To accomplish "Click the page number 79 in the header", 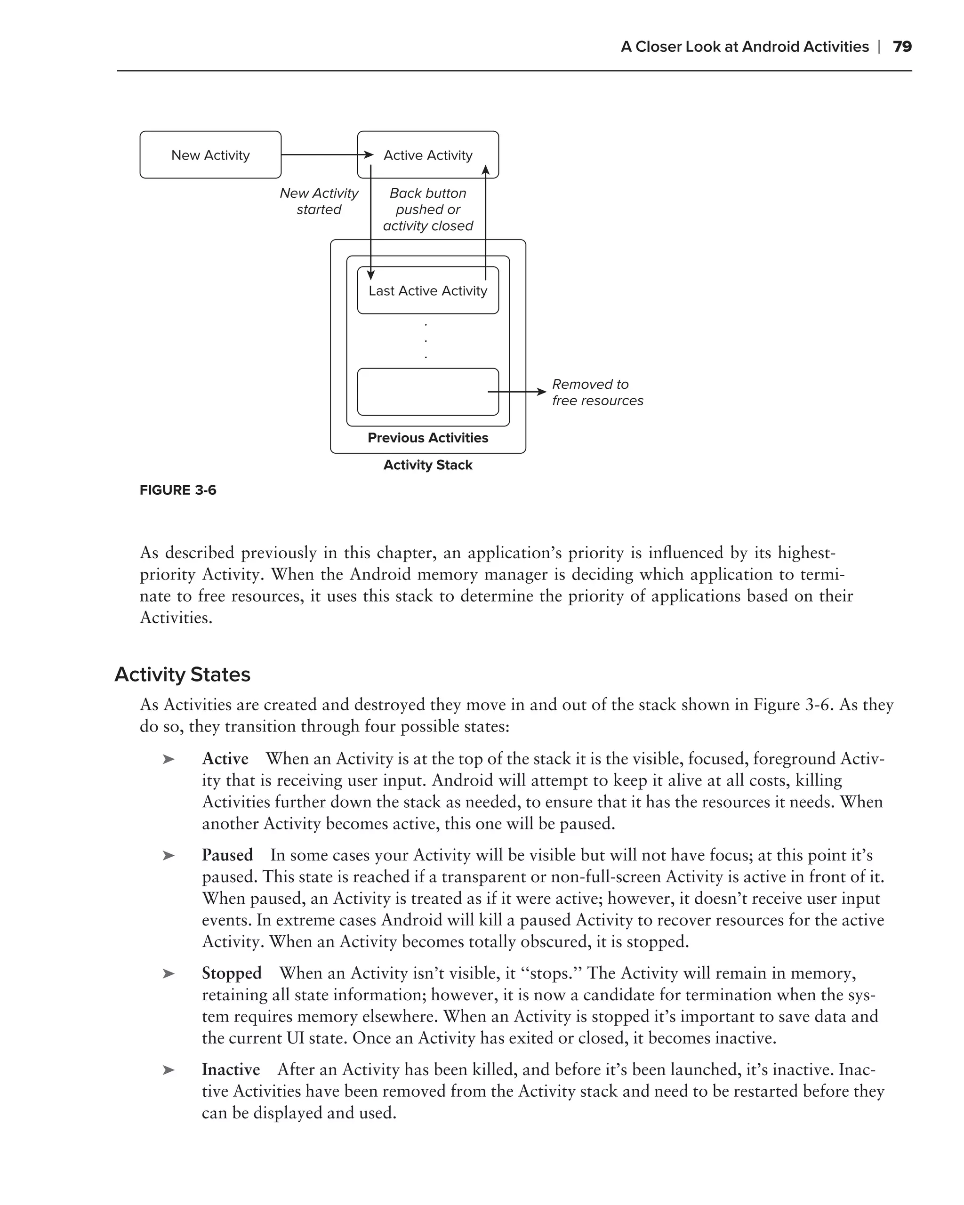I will point(902,47).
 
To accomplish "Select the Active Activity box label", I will point(427,155).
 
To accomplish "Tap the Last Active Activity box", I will point(427,290).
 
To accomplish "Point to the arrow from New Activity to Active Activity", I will point(324,155).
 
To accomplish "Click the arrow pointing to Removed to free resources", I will point(517,392).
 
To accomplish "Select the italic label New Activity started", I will point(319,201).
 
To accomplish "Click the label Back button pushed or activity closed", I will point(427,209).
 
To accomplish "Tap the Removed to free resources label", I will point(597,393).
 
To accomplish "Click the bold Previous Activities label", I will point(427,438).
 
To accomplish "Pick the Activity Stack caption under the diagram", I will point(427,465).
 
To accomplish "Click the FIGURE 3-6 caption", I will point(178,490).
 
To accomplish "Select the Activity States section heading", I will point(182,675).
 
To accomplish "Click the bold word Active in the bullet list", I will point(225,758).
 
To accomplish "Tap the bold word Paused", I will point(227,855).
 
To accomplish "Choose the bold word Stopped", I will point(232,973).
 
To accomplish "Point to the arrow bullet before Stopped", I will point(168,973).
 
